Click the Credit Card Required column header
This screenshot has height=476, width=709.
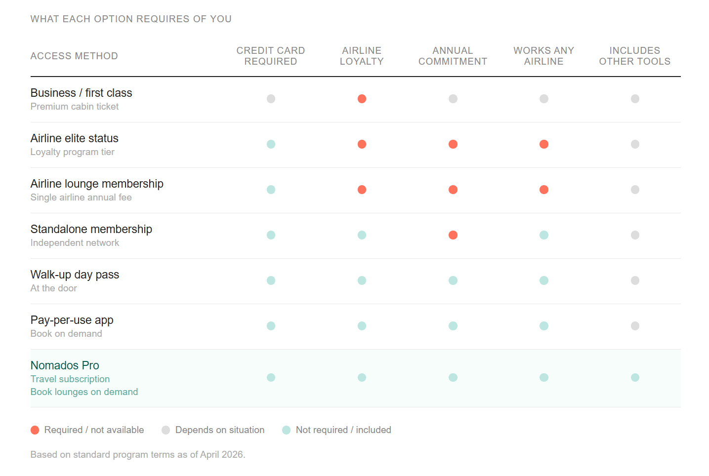pyautogui.click(x=271, y=56)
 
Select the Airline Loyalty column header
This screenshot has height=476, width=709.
pyautogui.click(x=362, y=56)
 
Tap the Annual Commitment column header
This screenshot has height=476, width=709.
pyautogui.click(x=453, y=56)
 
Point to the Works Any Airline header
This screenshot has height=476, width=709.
pyautogui.click(x=543, y=56)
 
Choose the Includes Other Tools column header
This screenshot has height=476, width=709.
pyautogui.click(x=634, y=56)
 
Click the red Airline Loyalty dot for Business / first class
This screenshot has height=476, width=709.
pyautogui.click(x=362, y=99)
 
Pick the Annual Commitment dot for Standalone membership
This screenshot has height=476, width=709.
pyautogui.click(x=453, y=235)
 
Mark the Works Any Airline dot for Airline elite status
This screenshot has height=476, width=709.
pyautogui.click(x=543, y=144)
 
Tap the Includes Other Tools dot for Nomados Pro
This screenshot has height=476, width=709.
pyautogui.click(x=635, y=377)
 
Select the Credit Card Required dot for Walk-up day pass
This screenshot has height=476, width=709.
pyautogui.click(x=271, y=280)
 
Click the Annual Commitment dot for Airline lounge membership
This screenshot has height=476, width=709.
pyautogui.click(x=453, y=190)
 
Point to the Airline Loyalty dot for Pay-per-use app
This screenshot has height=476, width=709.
pyautogui.click(x=362, y=326)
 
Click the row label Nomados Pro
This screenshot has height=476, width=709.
pyautogui.click(x=65, y=365)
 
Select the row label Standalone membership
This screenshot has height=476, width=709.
pyautogui.click(x=91, y=229)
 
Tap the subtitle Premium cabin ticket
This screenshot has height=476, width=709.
pyautogui.click(x=75, y=107)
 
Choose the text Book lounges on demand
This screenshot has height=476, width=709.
pyautogui.click(x=84, y=392)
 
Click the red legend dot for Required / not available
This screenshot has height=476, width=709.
pyautogui.click(x=35, y=430)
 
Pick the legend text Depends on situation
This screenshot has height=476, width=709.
pyautogui.click(x=220, y=430)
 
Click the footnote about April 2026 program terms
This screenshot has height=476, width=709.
pyautogui.click(x=138, y=454)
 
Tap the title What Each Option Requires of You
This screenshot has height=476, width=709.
pyautogui.click(x=131, y=19)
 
